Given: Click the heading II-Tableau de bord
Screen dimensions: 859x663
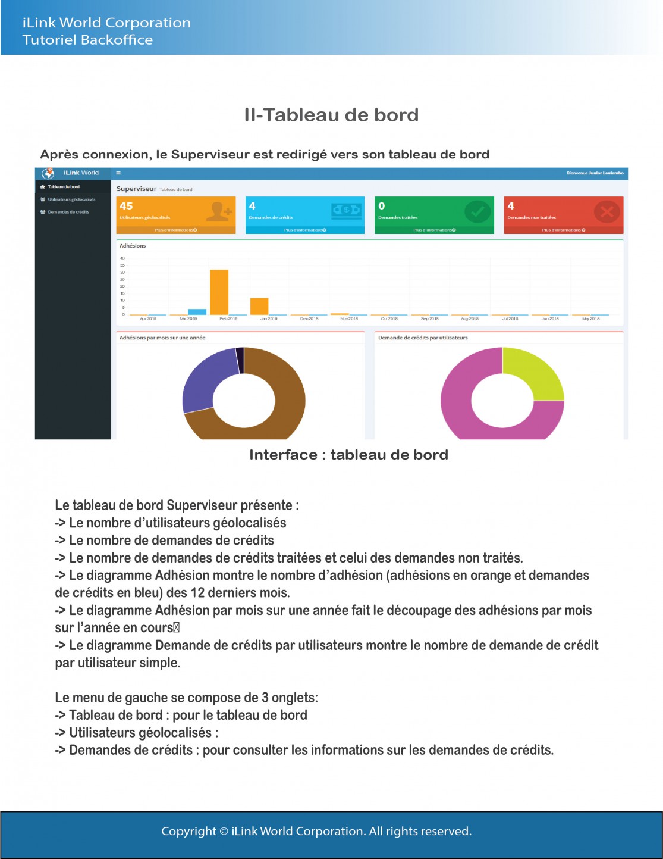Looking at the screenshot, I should coord(331,115).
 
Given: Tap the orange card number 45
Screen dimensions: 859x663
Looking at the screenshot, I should coord(126,206).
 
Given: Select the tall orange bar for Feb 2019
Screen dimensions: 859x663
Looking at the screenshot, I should coord(219,292).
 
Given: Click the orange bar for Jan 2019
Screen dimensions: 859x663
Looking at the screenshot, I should coord(259,306).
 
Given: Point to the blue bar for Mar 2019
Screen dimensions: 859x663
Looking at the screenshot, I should coord(197,311).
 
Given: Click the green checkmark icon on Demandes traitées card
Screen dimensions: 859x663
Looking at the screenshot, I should coord(477,211).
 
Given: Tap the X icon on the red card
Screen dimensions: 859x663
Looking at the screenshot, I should coord(607,211).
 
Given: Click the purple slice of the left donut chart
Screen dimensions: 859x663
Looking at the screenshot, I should coord(202,381).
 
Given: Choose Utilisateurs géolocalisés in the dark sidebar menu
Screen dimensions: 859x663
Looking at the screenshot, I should coord(71,199).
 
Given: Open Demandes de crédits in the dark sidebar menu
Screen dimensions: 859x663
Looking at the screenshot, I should coord(68,212).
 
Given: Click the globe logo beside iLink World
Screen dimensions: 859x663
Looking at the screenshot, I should coord(48,173).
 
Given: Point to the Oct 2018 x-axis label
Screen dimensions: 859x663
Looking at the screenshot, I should coord(389,318).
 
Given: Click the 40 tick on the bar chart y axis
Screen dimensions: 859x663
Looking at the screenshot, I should coord(122,258).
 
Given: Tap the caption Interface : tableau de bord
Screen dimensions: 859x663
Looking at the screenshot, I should coord(348,455).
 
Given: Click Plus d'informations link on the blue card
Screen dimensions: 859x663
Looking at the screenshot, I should coord(304,230).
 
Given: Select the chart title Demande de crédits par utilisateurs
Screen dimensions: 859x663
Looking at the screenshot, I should coord(423,338).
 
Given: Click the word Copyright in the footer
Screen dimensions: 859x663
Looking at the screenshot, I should coord(188,831).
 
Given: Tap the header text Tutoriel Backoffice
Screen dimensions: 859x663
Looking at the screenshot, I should coord(87,40).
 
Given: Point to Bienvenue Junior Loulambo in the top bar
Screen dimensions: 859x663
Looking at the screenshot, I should coord(595,173).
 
